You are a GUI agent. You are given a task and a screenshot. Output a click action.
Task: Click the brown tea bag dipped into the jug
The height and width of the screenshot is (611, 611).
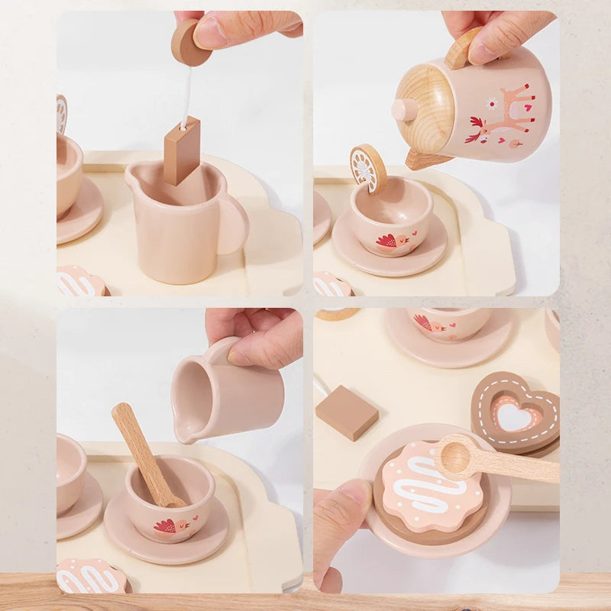182,150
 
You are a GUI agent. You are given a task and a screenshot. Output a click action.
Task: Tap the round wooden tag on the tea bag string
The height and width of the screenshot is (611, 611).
189,43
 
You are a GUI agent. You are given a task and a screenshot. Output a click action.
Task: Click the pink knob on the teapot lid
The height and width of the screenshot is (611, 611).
405,110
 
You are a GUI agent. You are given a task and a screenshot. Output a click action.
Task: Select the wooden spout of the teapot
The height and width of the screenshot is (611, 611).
422,159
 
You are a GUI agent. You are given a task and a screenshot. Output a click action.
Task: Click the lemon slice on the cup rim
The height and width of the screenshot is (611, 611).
367,167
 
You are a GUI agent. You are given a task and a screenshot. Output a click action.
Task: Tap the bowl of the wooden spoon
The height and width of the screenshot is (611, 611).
456,457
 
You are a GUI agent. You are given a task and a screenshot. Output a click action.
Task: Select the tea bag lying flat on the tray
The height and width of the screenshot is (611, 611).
347,412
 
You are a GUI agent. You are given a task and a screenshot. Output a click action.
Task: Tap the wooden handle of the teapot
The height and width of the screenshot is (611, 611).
463,48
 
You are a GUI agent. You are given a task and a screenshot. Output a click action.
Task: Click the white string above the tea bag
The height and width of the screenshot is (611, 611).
186,95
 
